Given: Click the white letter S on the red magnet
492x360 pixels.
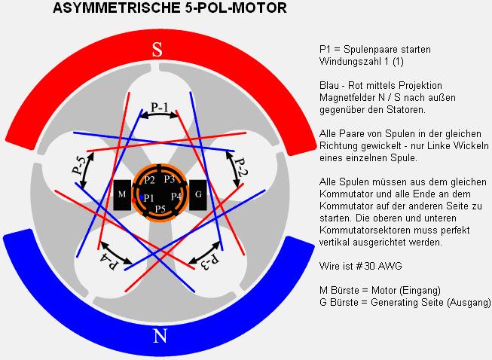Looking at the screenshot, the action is click(x=157, y=50).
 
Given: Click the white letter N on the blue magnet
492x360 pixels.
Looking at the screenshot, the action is click(x=160, y=336).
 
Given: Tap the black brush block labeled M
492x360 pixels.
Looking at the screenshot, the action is click(x=122, y=195).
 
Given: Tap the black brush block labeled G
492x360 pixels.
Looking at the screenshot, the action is click(x=198, y=195).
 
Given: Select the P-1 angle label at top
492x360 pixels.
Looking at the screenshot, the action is click(x=160, y=108).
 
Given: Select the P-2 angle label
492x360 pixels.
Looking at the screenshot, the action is click(x=242, y=167).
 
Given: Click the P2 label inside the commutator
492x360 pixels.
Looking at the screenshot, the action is click(x=149, y=180).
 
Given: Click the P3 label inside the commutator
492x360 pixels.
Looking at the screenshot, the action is click(x=169, y=179).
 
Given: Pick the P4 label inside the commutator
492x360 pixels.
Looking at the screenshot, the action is click(x=176, y=197).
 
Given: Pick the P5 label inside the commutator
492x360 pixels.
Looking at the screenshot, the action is click(x=160, y=209).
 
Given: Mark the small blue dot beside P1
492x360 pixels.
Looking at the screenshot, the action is click(x=142, y=197).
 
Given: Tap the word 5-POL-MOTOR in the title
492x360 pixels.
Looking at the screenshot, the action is click(x=236, y=8).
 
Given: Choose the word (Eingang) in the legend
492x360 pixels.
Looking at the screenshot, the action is click(x=420, y=291).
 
